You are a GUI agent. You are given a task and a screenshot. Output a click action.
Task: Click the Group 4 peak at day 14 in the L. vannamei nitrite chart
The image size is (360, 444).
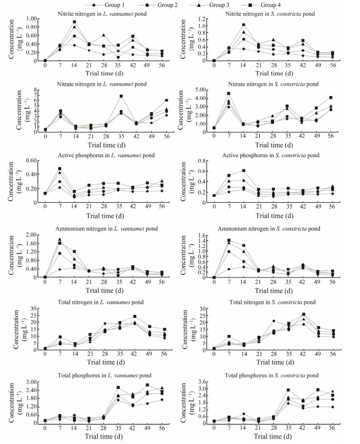[x=74, y=22]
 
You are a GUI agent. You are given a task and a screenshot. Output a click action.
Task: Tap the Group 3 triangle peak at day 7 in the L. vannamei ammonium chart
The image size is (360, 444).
[x=60, y=239]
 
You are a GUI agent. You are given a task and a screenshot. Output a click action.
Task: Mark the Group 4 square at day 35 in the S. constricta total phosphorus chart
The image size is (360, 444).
[x=289, y=390]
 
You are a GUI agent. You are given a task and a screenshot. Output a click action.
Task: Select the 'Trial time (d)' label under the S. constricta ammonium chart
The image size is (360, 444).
[x=274, y=291]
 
